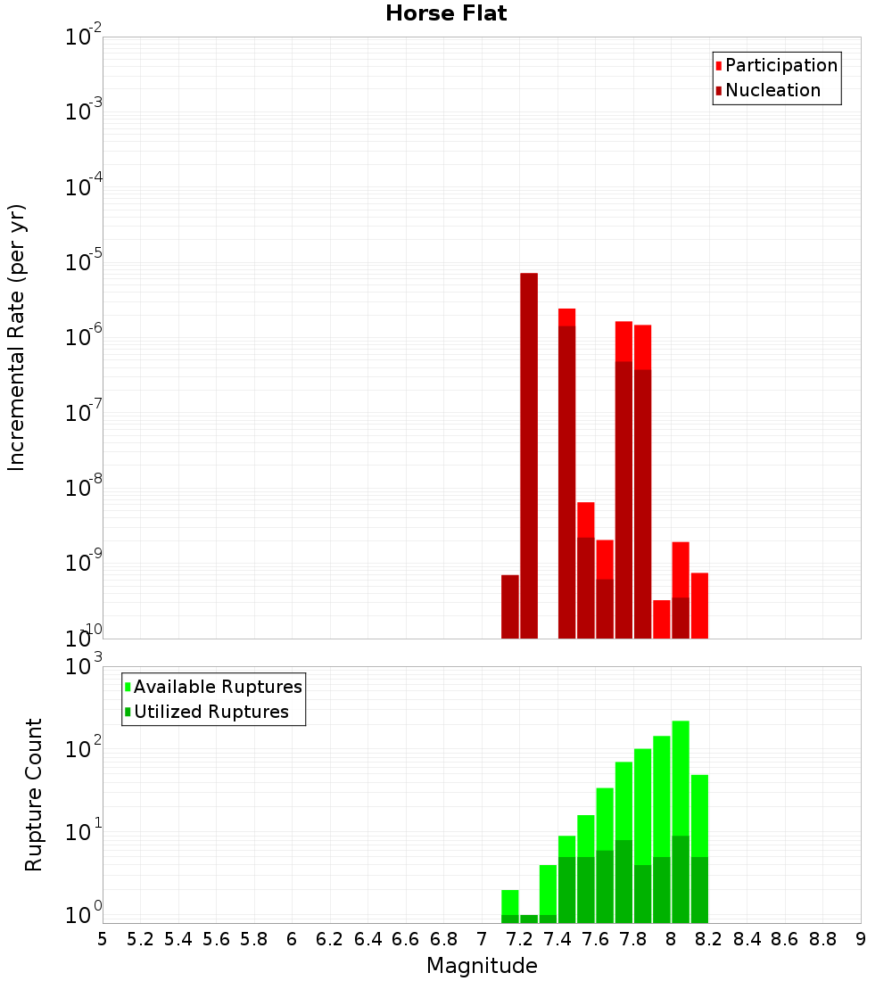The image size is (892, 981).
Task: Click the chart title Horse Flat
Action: tap(446, 13)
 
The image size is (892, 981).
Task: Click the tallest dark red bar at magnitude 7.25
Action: tap(529, 455)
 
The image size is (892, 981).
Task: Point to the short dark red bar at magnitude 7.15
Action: tap(510, 606)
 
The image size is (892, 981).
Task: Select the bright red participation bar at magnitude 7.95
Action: tap(662, 619)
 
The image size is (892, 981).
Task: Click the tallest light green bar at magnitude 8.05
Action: tap(681, 776)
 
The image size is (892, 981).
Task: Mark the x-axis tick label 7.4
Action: tap(557, 939)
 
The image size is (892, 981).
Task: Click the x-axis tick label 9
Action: tap(861, 939)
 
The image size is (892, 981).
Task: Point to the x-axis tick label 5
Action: tap(103, 939)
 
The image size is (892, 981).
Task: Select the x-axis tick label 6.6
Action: tap(406, 939)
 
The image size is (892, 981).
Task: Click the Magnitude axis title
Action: tap(482, 966)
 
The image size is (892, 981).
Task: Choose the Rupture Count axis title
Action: tap(34, 794)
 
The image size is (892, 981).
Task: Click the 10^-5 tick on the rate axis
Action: tap(83, 262)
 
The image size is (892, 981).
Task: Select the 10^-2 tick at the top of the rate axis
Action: tap(83, 37)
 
